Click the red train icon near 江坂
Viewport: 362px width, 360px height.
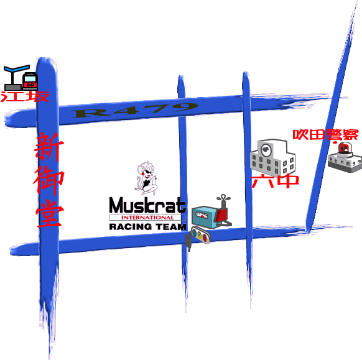(x=30, y=81)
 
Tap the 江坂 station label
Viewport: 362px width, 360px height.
(x=25, y=96)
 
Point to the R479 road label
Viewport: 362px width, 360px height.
(x=134, y=110)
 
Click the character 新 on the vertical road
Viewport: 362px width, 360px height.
(x=49, y=147)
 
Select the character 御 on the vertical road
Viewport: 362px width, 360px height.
(x=49, y=180)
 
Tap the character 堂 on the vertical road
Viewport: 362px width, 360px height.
(x=49, y=213)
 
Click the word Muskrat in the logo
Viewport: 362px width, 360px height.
(x=147, y=205)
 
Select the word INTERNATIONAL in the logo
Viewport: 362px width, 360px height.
(x=147, y=218)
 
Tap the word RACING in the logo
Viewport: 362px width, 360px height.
(x=131, y=227)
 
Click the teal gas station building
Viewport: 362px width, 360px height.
(x=205, y=218)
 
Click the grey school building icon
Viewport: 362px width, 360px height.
(x=272, y=157)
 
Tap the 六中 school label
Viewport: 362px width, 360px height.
(x=275, y=181)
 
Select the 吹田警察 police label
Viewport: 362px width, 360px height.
(x=325, y=134)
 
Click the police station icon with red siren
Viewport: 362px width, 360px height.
(x=345, y=157)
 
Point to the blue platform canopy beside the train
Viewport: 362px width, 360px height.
(x=17, y=68)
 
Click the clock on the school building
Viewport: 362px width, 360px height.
(x=266, y=150)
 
